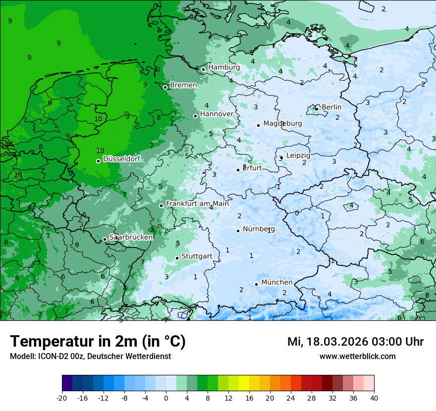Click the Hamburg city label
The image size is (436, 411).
224,67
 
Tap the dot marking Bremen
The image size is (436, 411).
165,87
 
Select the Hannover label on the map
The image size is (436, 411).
217,114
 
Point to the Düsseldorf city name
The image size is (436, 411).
121,159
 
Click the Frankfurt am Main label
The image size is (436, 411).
197,204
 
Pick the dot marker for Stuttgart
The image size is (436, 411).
177,258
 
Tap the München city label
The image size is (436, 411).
276,282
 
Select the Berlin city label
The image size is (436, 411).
331,107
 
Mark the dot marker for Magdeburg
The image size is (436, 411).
258,125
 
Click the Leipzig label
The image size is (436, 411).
298,155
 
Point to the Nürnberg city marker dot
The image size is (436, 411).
238,230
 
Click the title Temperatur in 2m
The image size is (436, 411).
98,342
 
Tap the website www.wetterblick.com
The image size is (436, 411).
357,356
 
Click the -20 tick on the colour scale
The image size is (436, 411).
62,398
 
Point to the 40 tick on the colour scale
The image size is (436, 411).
374,398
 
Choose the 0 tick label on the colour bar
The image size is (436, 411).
166,398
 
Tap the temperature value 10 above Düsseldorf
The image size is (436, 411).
100,151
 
